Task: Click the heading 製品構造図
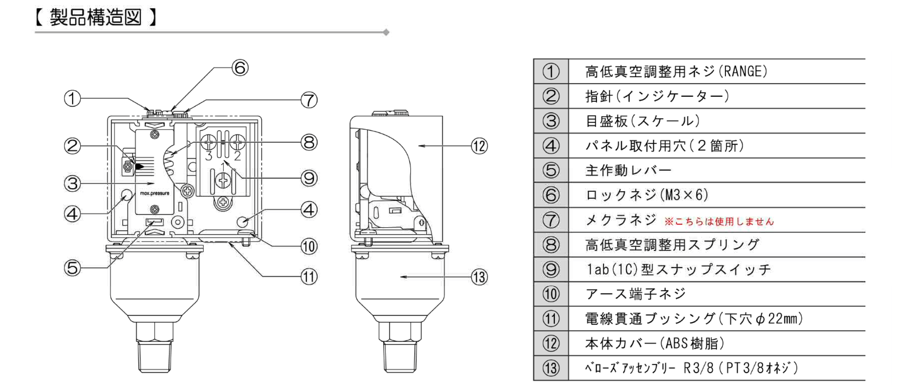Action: [95, 18]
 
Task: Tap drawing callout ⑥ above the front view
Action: [240, 68]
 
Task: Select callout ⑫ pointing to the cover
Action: [479, 146]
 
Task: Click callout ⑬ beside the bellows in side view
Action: [479, 277]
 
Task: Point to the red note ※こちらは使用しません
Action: [719, 222]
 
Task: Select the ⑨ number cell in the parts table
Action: [551, 270]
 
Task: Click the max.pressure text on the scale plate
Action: [155, 193]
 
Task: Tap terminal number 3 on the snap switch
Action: [209, 155]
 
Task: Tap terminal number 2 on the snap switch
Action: [237, 155]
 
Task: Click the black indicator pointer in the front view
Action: [139, 166]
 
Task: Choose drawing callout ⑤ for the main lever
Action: [73, 268]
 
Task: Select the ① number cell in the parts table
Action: [551, 71]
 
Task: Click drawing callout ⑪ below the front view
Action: [309, 277]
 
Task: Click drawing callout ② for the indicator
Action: [73, 145]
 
